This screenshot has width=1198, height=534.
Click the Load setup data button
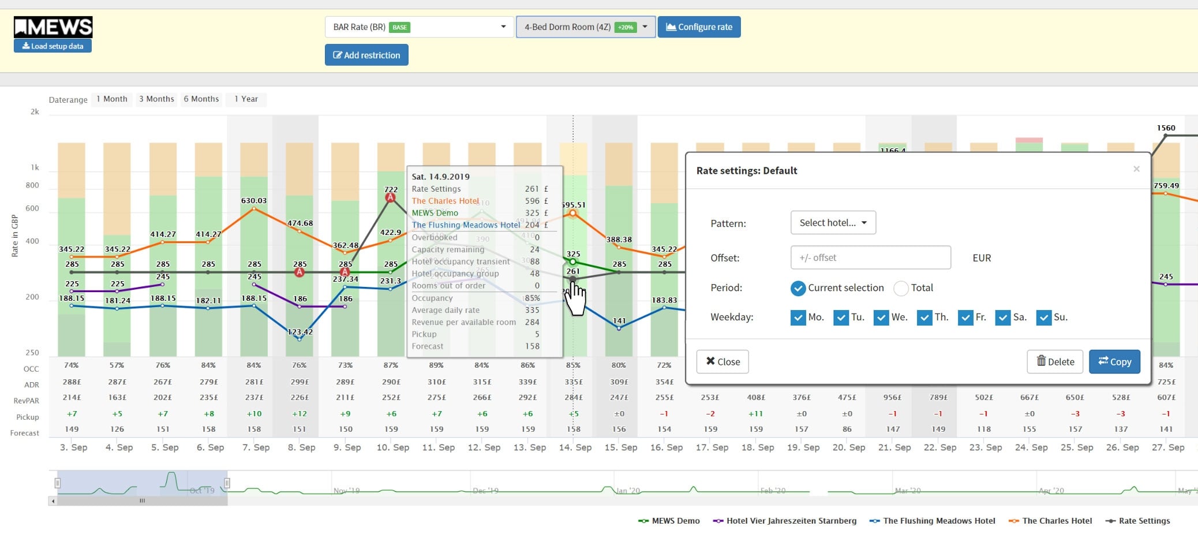pyautogui.click(x=53, y=46)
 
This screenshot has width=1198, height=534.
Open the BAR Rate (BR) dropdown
pyautogui.click(x=419, y=27)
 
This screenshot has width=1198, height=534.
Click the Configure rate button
pyautogui.click(x=699, y=27)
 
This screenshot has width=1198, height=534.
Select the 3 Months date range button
pyautogui.click(x=156, y=99)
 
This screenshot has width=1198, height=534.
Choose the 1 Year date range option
pyautogui.click(x=246, y=99)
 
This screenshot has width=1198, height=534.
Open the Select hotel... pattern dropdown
pyautogui.click(x=833, y=223)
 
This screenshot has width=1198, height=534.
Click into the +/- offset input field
pyautogui.click(x=870, y=258)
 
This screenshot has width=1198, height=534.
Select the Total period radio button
pyautogui.click(x=901, y=288)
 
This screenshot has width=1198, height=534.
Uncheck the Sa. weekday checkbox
pyautogui.click(x=1003, y=318)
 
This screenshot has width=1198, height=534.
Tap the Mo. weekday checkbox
pyautogui.click(x=798, y=318)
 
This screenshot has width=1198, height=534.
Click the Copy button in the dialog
pyautogui.click(x=1114, y=362)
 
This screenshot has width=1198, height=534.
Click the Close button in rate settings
pyautogui.click(x=722, y=362)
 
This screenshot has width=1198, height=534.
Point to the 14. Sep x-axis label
pyautogui.click(x=575, y=447)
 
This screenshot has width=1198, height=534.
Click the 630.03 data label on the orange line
pyautogui.click(x=254, y=200)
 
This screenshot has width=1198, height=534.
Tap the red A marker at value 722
pyautogui.click(x=391, y=197)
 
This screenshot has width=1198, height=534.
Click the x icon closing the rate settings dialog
pyautogui.click(x=1136, y=169)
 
